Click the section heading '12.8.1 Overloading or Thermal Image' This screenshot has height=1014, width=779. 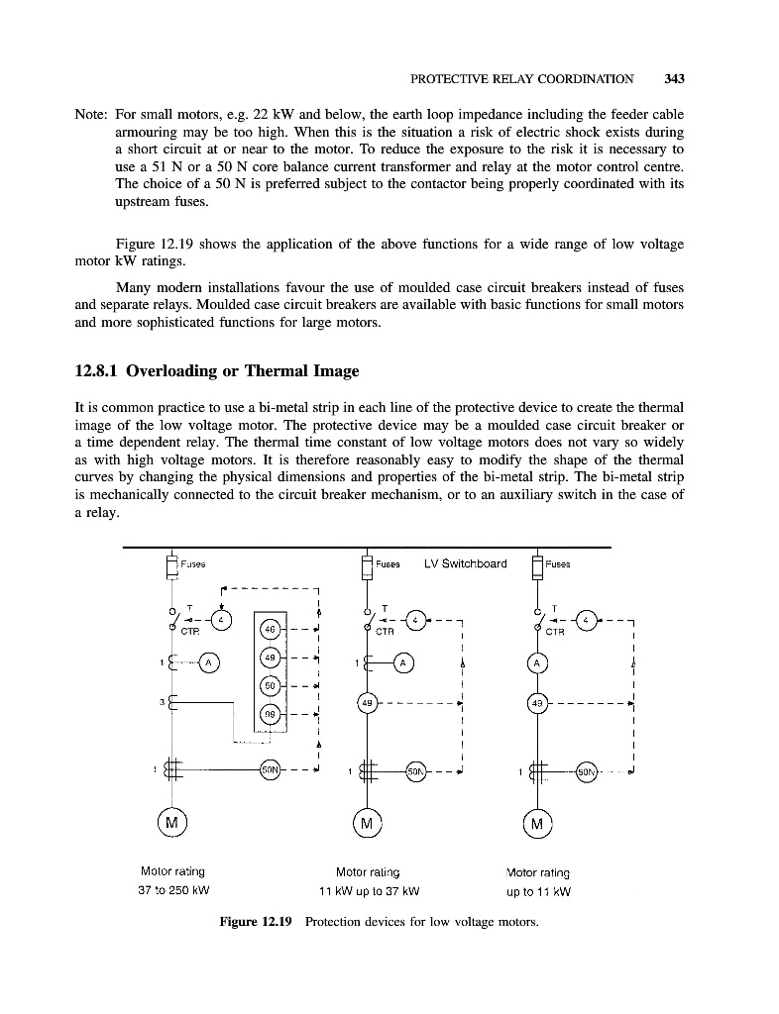217,372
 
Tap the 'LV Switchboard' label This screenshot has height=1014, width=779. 465,564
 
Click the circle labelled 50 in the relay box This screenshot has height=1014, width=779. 270,685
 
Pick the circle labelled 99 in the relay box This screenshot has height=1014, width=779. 270,713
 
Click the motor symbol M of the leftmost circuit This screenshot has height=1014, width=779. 172,823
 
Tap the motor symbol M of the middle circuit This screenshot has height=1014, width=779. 367,823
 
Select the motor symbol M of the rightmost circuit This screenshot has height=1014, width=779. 537,823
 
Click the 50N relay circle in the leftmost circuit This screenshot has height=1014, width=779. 270,769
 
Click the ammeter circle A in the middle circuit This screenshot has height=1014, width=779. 403,661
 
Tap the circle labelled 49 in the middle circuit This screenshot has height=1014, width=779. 367,704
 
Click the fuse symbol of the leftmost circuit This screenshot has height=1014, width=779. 171,566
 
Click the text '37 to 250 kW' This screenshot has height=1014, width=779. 173,889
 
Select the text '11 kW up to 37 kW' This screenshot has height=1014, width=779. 367,889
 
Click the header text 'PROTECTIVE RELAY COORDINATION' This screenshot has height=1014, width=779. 521,78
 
